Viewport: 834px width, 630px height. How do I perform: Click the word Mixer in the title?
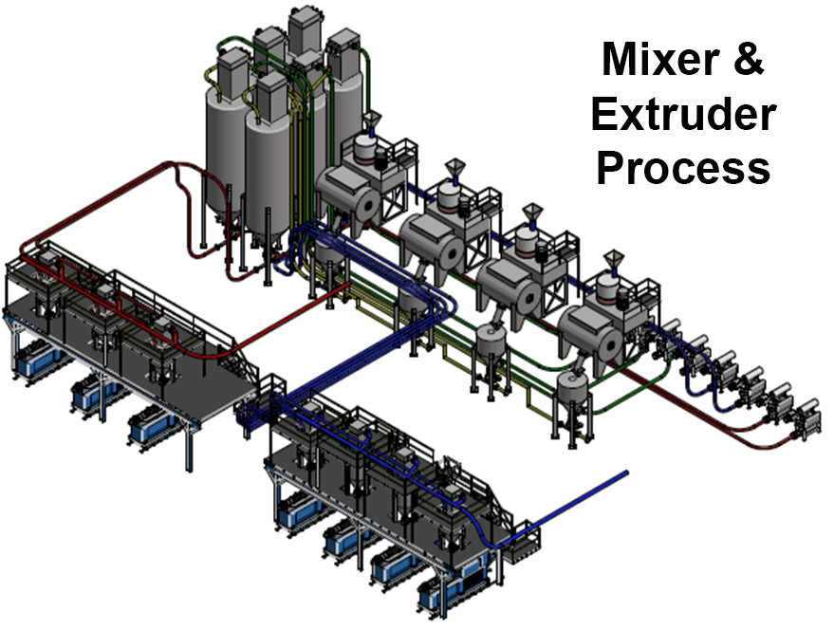coord(661,59)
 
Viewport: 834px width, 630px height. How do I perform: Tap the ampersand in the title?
coord(749,59)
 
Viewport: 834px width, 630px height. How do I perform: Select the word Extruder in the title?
coord(683,114)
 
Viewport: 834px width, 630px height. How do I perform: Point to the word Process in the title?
coord(683,167)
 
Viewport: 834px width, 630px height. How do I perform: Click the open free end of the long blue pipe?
coord(626,472)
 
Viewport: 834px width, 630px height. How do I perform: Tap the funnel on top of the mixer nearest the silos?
coord(372,120)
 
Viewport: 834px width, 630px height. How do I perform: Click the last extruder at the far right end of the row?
coord(806,418)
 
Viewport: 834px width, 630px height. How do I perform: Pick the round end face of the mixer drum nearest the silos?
coord(367,204)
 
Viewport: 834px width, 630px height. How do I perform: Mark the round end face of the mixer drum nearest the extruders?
coord(608,344)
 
